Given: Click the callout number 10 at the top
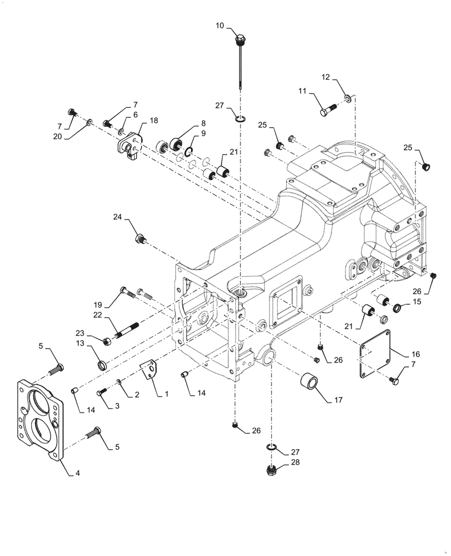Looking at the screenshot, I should [x=220, y=26].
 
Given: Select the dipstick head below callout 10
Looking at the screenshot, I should [x=239, y=40].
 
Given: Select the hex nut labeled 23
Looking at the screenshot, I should [x=106, y=340].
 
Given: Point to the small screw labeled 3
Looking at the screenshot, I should [x=102, y=393].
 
